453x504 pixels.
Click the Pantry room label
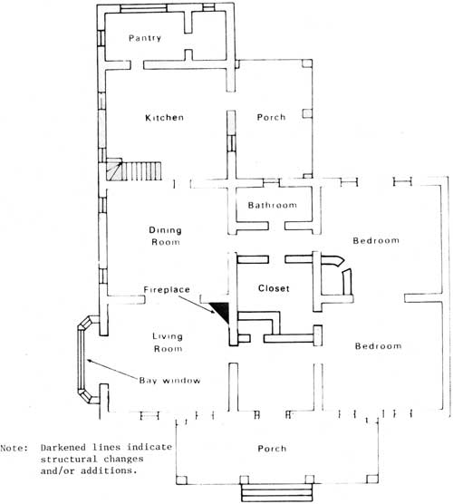coord(145,38)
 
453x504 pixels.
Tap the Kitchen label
coord(165,118)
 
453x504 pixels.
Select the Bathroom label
coord(273,205)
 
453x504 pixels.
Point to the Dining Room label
coord(166,236)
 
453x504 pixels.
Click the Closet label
coord(274,288)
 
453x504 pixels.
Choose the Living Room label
coord(168,343)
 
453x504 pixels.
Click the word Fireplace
coord(167,289)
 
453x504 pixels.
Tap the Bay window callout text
coord(170,381)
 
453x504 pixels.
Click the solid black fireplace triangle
coord(221,310)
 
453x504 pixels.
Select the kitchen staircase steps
coord(134,170)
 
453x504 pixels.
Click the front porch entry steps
coord(276,492)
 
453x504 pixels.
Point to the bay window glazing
coord(81,359)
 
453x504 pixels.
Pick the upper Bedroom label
coord(376,241)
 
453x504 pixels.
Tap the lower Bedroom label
coord(378,346)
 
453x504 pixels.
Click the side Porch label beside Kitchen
coord(271,117)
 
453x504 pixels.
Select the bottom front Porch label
coord(272,449)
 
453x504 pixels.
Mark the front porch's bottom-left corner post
coord(181,480)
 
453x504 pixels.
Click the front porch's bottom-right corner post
coord(372,480)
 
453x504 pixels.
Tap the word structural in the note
coord(64,459)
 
